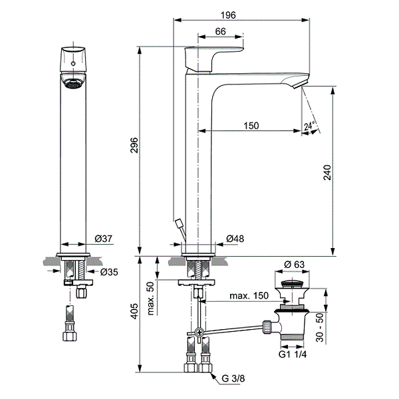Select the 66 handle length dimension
coord(220,31)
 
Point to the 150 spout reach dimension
coord(251,126)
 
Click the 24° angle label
coord(308,126)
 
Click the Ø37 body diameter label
coord(102,238)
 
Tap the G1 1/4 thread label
coord(292,354)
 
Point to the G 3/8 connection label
coord(234,379)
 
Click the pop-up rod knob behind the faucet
coord(177,223)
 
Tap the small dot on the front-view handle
coord(72,63)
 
